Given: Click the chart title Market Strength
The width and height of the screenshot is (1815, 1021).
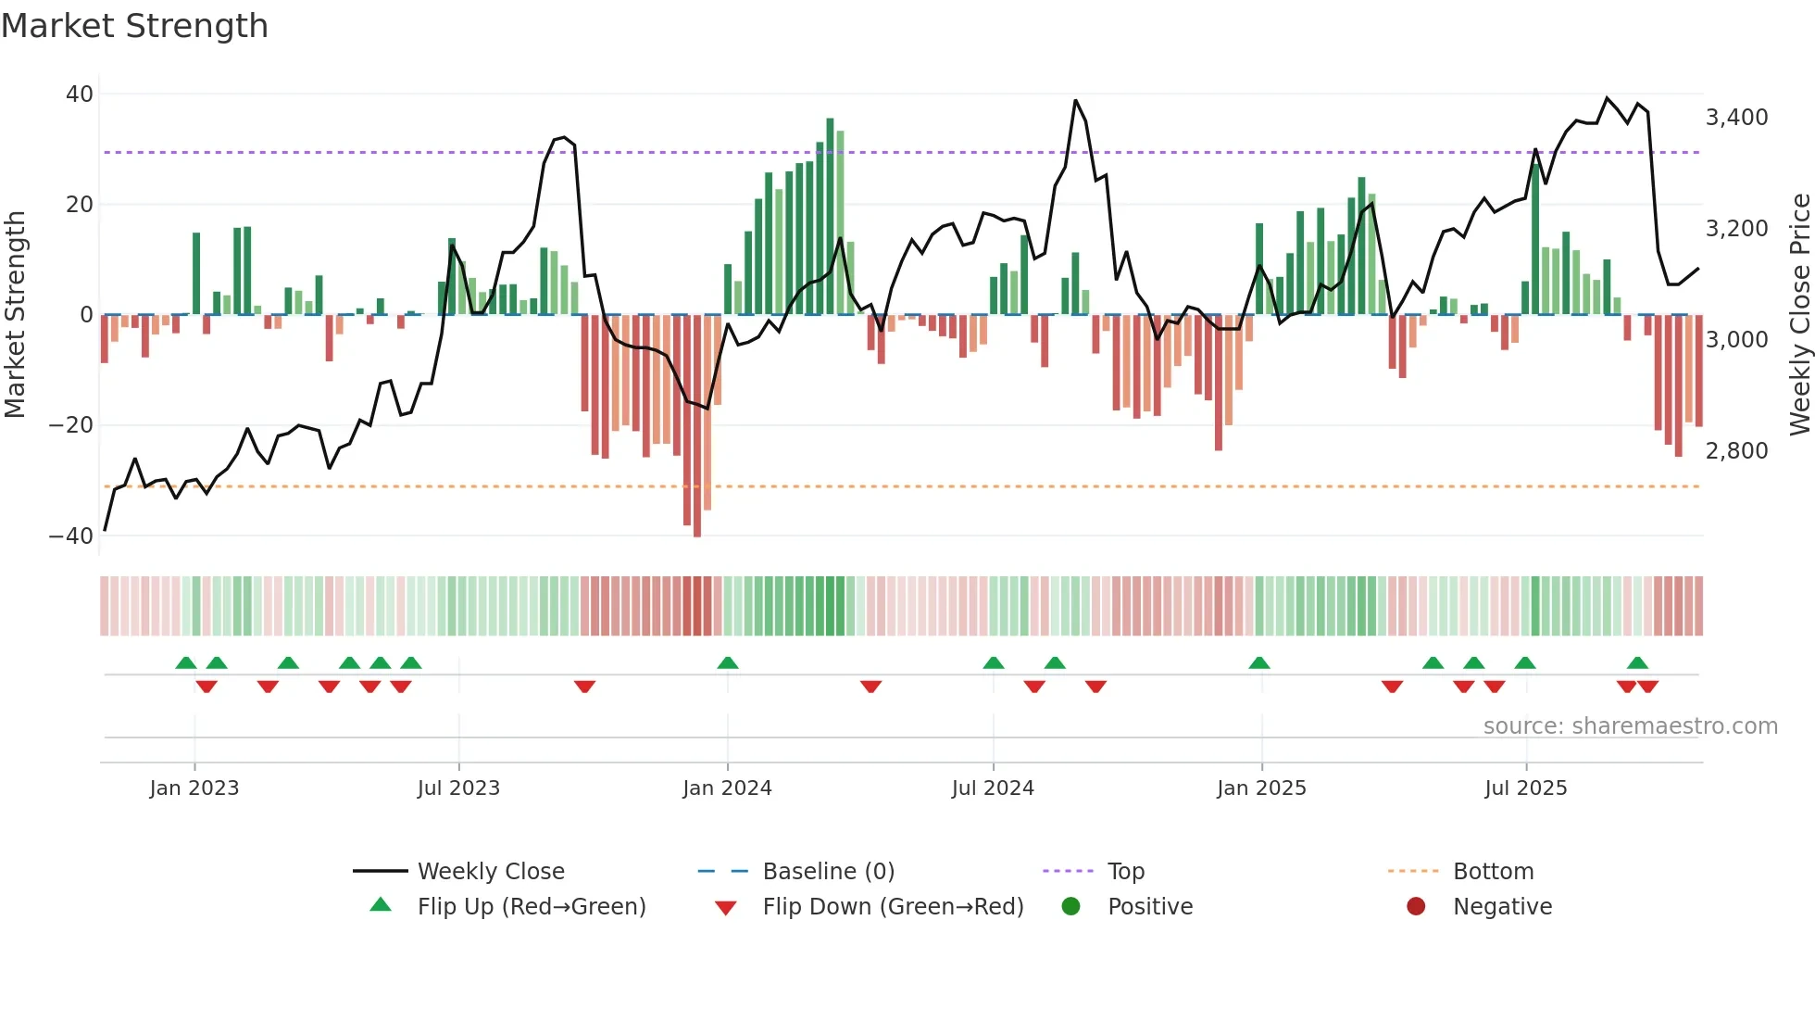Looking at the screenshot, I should tap(134, 26).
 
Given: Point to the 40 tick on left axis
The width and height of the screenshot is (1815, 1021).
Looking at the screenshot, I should tap(80, 95).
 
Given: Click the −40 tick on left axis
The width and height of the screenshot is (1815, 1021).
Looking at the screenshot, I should tap(71, 536).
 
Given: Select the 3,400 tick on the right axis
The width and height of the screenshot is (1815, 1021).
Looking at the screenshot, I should tap(1736, 118).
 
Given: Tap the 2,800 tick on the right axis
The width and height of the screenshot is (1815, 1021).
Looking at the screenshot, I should tap(1736, 451).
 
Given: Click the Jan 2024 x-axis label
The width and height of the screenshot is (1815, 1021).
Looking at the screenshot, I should tap(727, 788).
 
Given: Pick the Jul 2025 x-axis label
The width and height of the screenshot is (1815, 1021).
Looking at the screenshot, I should tap(1525, 788).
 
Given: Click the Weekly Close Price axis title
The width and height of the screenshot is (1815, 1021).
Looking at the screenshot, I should tap(1799, 315).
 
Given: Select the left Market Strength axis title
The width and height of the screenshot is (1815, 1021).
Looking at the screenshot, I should tap(16, 315).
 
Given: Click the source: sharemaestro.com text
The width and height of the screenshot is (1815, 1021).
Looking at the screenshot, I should tap(1630, 726).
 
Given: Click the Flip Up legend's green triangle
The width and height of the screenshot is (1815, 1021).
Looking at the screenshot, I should tap(381, 905).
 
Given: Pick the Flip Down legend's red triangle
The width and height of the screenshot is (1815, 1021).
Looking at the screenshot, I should tap(726, 908).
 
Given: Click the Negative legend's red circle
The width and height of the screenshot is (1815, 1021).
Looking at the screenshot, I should tap(1416, 907).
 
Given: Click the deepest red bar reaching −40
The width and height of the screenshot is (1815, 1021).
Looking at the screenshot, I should tap(697, 426).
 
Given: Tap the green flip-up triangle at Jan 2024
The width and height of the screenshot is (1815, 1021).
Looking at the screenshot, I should tap(728, 663).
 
